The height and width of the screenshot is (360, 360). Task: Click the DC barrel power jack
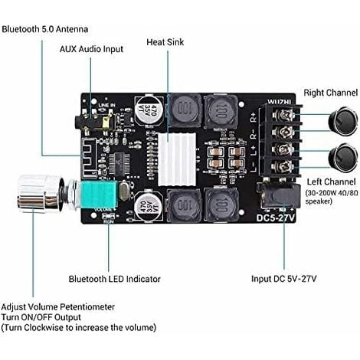click(274, 195)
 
